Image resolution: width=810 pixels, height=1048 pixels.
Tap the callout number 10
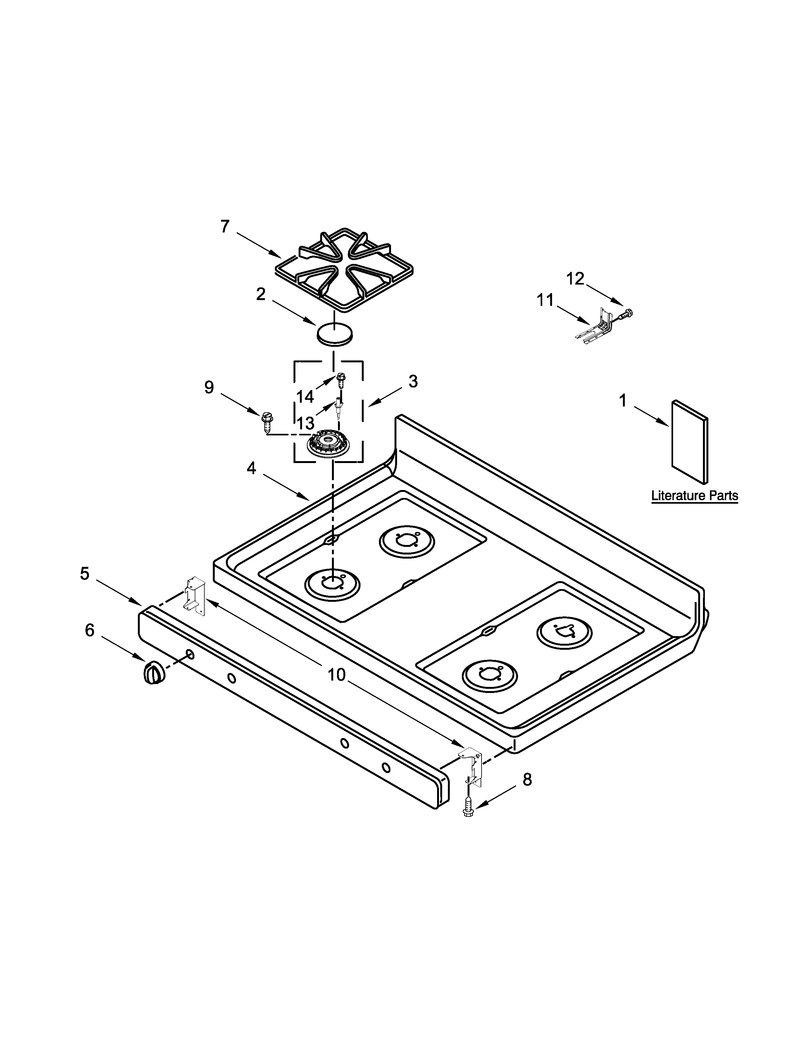(x=336, y=675)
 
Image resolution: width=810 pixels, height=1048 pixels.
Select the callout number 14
(x=305, y=397)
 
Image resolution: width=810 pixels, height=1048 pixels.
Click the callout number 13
(x=306, y=423)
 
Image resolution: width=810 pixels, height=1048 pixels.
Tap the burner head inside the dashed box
(x=328, y=444)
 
